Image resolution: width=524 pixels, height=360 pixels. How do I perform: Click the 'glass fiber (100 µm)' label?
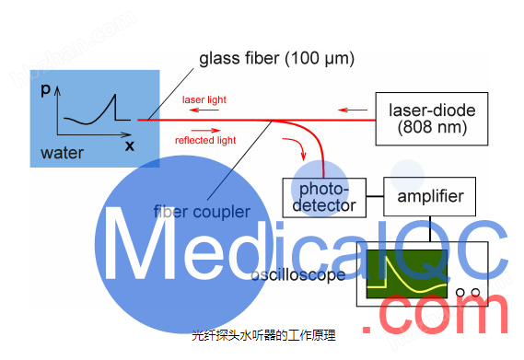click(277, 61)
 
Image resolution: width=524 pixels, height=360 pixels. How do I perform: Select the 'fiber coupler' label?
click(202, 212)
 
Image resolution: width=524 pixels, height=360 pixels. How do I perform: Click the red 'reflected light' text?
click(205, 140)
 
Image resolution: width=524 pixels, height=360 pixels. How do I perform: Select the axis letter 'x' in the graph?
click(129, 145)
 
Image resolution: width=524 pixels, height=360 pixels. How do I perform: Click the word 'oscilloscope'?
click(299, 274)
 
